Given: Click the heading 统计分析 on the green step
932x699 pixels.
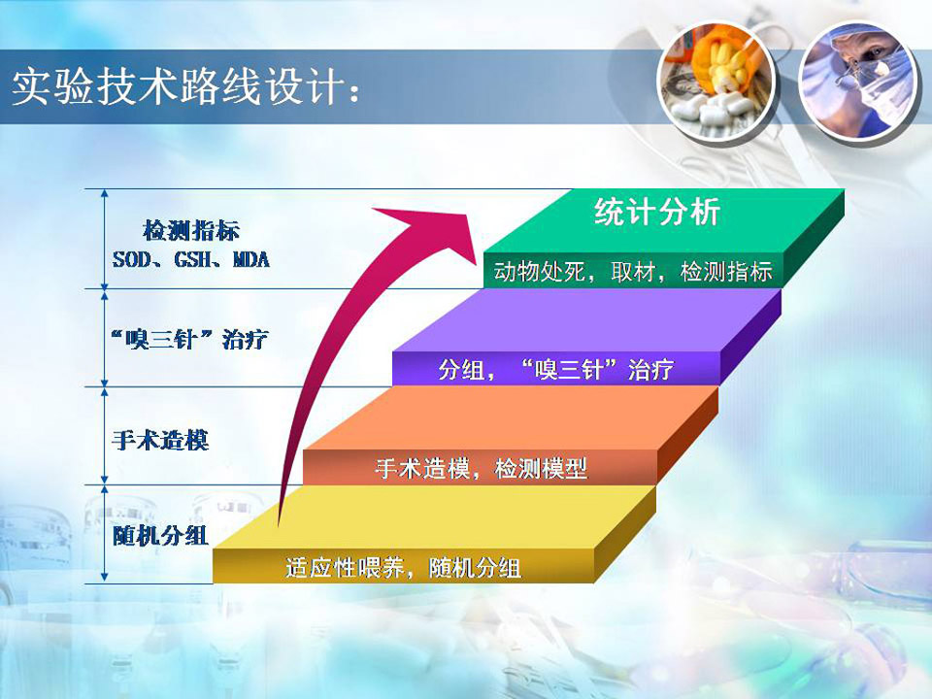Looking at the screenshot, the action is point(657,212).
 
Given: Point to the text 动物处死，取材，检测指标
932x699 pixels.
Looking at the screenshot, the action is point(633,272).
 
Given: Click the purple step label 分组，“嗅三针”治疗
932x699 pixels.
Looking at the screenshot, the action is point(556,369).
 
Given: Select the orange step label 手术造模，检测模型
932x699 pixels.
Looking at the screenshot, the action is point(482,468).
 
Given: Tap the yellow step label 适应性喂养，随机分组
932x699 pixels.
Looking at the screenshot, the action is point(404,567).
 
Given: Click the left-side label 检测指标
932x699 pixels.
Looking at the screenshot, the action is point(191,231).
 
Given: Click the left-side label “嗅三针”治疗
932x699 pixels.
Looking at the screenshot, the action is point(189,340).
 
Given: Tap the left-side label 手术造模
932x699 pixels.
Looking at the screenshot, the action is point(160,441).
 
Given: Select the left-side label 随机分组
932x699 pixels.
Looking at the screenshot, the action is point(160,536).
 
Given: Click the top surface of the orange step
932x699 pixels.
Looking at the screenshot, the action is point(512,418).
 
